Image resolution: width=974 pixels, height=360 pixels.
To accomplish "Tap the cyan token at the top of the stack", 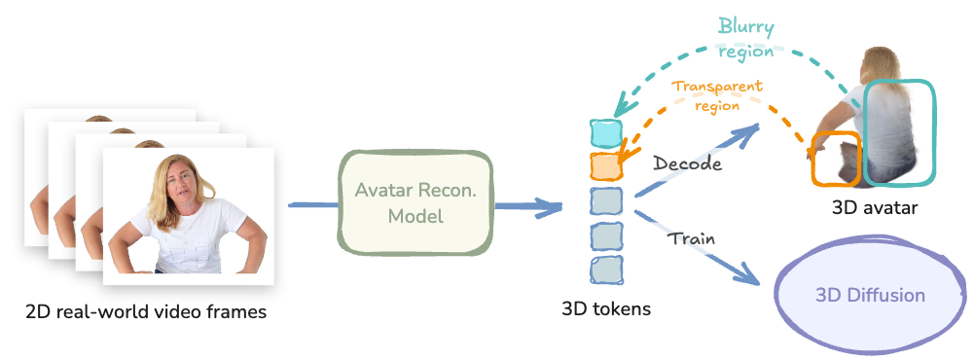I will pyautogui.click(x=605, y=132).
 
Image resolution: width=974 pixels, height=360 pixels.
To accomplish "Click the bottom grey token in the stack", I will pyautogui.click(x=605, y=269).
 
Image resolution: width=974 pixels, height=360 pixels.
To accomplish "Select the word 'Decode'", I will pyautogui.click(x=688, y=163).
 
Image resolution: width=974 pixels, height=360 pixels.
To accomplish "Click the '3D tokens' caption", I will pyautogui.click(x=606, y=309).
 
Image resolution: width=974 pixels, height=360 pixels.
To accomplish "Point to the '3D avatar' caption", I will pyautogui.click(x=875, y=207).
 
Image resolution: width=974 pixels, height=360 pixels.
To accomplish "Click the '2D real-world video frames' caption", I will pyautogui.click(x=146, y=312).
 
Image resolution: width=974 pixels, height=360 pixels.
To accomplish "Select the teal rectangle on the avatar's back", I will pyautogui.click(x=899, y=131).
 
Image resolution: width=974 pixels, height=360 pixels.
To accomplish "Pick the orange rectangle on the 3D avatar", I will pyautogui.click(x=837, y=160).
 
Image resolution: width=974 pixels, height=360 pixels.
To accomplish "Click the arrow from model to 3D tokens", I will pyautogui.click(x=524, y=206).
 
